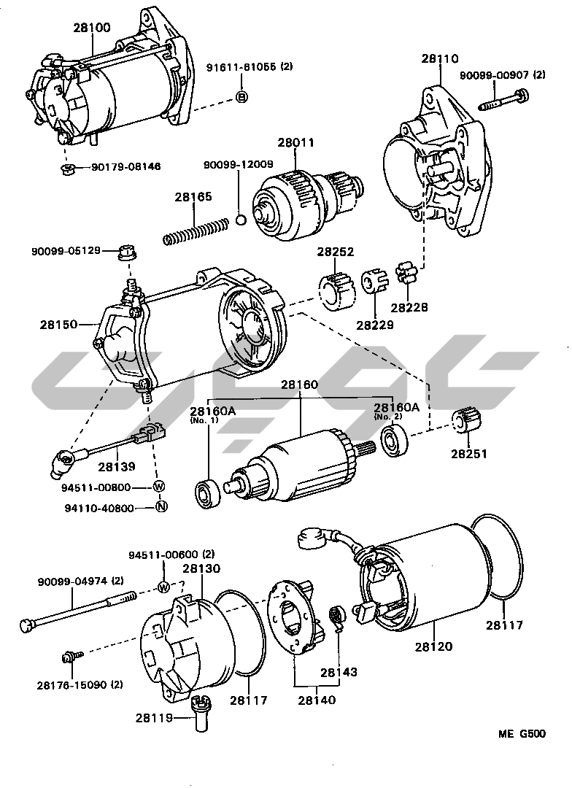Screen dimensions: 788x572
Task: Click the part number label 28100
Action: point(91,28)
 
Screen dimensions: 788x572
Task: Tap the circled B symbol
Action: point(242,98)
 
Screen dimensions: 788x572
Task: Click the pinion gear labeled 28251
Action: point(465,422)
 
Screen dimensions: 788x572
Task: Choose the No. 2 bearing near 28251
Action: point(392,439)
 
